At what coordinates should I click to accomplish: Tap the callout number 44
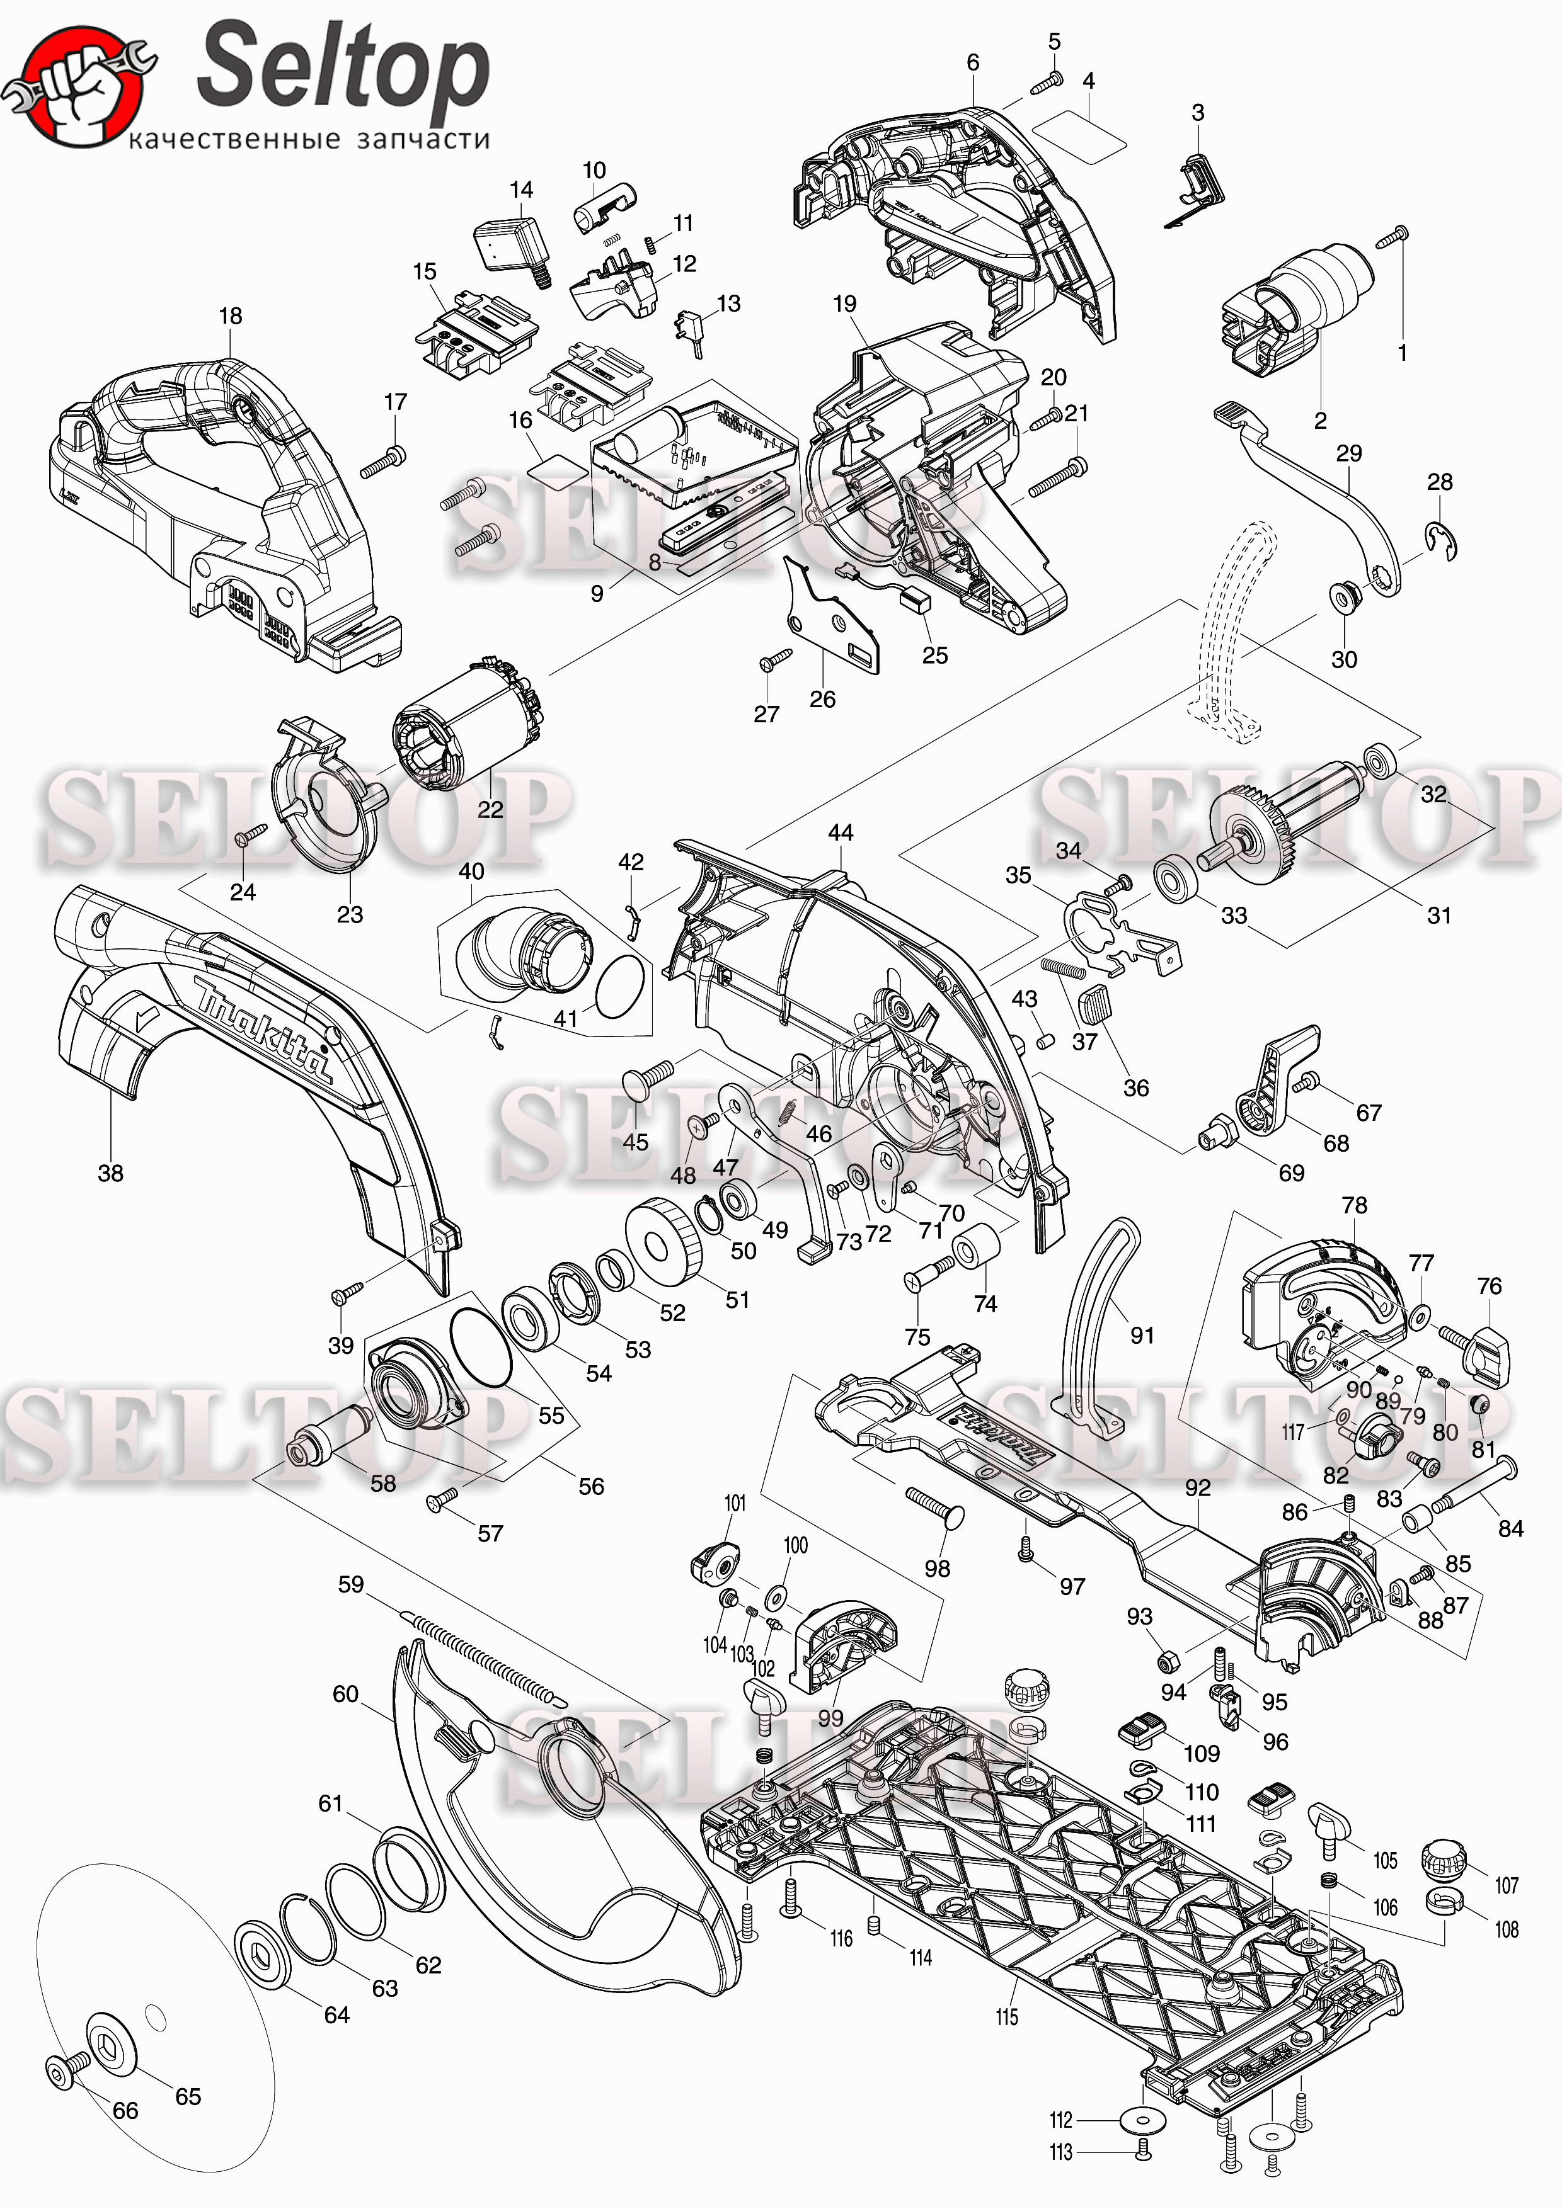(840, 832)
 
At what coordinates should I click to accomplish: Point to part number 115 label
(1007, 2016)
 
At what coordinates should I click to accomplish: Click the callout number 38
(111, 1173)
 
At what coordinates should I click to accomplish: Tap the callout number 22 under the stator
(490, 809)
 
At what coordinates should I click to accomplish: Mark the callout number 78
(1354, 1205)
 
